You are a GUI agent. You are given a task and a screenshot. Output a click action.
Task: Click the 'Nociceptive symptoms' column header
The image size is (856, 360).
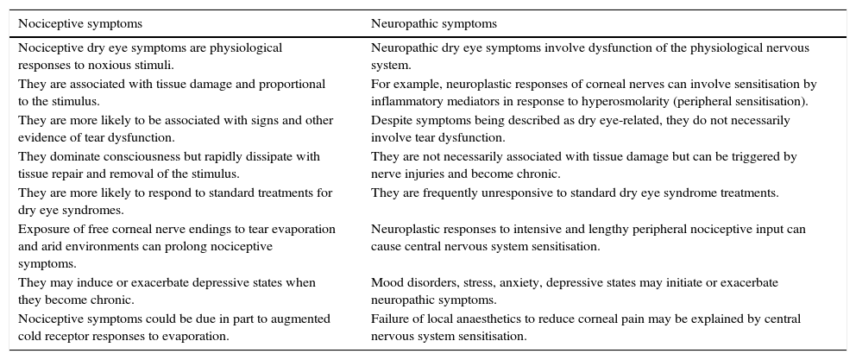pyautogui.click(x=80, y=23)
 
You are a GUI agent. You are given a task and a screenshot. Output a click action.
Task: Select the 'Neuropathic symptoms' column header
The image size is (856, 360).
pyautogui.click(x=434, y=23)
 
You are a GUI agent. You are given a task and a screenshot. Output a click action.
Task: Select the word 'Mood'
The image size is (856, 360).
pyautogui.click(x=386, y=283)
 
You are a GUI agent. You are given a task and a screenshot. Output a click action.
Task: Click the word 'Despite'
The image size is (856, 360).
pyautogui.click(x=389, y=121)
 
